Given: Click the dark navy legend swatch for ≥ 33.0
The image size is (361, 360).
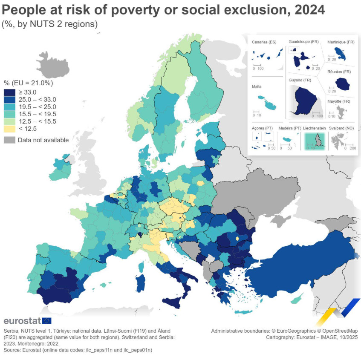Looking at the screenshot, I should [x=9, y=92].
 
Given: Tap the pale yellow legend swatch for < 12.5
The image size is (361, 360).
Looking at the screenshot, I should [x=9, y=129].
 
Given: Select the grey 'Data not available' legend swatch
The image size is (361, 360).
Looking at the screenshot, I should [x=9, y=140].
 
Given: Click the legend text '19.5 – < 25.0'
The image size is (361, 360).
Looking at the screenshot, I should [x=37, y=107].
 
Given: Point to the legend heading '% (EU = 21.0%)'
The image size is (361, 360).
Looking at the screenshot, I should [x=28, y=83].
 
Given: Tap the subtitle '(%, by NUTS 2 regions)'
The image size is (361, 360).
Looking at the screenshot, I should [x=50, y=24].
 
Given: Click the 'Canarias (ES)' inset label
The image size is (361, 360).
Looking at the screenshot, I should [x=264, y=42].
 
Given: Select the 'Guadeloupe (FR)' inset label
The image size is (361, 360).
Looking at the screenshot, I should [x=303, y=42].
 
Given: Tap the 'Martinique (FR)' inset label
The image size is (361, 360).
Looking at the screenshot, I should [x=341, y=42].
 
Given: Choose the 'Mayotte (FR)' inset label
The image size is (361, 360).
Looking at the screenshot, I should [x=338, y=101].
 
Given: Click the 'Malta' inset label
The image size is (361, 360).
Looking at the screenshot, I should [x=257, y=86].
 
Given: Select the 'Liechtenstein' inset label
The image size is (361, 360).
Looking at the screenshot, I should [x=314, y=128].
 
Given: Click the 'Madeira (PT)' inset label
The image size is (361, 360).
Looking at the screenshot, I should [x=289, y=128].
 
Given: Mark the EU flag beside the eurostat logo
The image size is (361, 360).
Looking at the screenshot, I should [x=47, y=321].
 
